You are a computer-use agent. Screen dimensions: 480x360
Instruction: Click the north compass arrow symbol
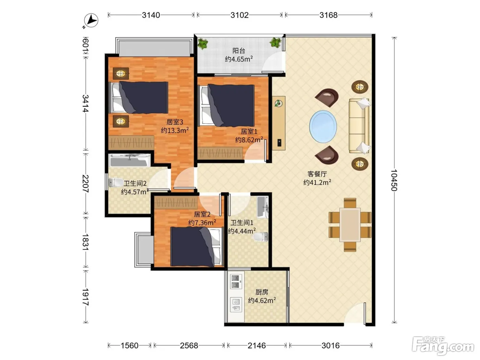click(x=91, y=21)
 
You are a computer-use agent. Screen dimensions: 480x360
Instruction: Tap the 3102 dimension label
click(x=239, y=15)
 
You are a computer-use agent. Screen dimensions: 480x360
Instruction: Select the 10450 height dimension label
click(x=394, y=180)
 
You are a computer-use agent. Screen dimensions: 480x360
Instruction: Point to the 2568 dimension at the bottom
click(x=189, y=346)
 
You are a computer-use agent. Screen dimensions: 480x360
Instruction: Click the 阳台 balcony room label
click(x=239, y=51)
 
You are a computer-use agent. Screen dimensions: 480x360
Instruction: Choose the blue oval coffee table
click(x=323, y=127)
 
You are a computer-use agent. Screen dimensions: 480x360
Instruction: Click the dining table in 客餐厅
click(x=350, y=225)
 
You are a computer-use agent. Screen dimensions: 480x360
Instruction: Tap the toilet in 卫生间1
click(x=261, y=237)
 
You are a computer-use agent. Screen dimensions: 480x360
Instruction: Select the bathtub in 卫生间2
click(x=130, y=160)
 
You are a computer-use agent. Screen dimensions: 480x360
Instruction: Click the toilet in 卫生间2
click(x=116, y=182)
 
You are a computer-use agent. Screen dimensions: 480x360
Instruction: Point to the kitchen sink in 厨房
click(x=236, y=305)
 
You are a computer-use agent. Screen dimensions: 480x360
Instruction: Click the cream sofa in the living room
click(x=359, y=126)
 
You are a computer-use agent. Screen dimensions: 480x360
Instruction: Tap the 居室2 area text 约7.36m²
click(x=202, y=223)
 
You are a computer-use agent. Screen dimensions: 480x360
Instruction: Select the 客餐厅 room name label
click(x=317, y=174)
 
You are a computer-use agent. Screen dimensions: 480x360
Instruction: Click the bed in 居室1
click(x=226, y=106)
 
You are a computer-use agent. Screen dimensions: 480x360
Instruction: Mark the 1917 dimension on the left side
click(x=85, y=297)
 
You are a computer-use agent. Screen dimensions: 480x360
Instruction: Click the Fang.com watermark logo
click(x=443, y=346)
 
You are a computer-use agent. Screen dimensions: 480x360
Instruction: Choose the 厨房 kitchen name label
click(x=262, y=292)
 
